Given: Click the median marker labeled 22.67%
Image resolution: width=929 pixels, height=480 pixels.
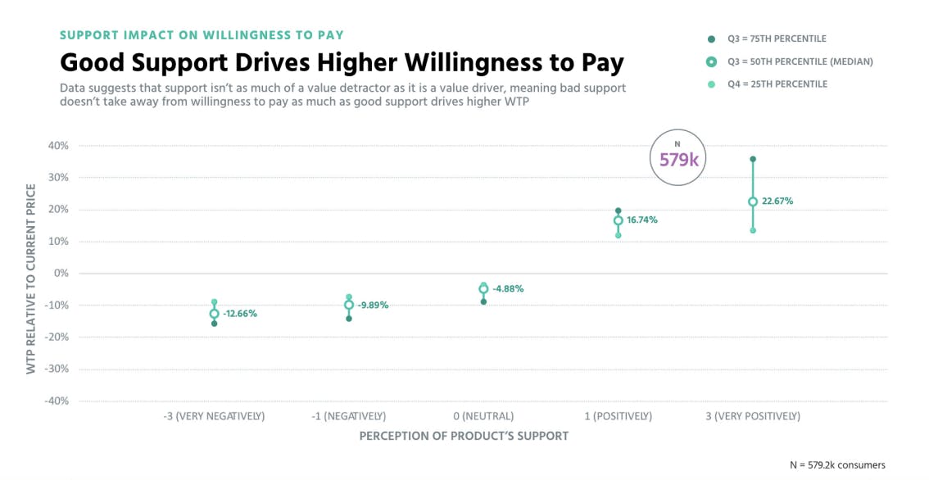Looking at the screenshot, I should coord(753,202).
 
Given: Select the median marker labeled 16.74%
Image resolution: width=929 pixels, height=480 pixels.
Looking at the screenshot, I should coord(619,220).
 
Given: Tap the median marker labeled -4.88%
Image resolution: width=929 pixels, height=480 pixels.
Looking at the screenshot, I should coord(483,289).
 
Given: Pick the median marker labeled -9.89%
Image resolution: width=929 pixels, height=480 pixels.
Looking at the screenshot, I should coord(349,305).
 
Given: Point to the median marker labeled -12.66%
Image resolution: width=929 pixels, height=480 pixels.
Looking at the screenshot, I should coord(215,314).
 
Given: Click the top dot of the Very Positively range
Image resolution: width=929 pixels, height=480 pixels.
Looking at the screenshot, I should coord(753,159).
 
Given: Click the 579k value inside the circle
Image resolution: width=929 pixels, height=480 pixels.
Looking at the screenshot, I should coord(678,160).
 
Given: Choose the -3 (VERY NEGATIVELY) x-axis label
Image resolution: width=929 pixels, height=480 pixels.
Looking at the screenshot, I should coord(214,416).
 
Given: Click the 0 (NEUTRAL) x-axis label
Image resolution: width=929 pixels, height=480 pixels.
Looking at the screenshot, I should coord(483,416).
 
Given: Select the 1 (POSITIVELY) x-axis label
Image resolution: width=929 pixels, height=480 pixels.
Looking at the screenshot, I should coord(619,416).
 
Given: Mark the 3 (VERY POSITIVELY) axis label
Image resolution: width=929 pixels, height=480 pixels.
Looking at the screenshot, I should coord(753,416).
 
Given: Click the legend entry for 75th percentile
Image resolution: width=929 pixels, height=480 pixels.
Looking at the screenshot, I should coord(777,38).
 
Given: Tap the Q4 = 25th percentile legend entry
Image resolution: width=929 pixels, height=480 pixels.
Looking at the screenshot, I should coord(777,84).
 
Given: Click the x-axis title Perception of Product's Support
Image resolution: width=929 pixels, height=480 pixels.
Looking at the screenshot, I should coord(464,437).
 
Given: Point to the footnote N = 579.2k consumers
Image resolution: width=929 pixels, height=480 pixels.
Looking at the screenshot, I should coord(837,464).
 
